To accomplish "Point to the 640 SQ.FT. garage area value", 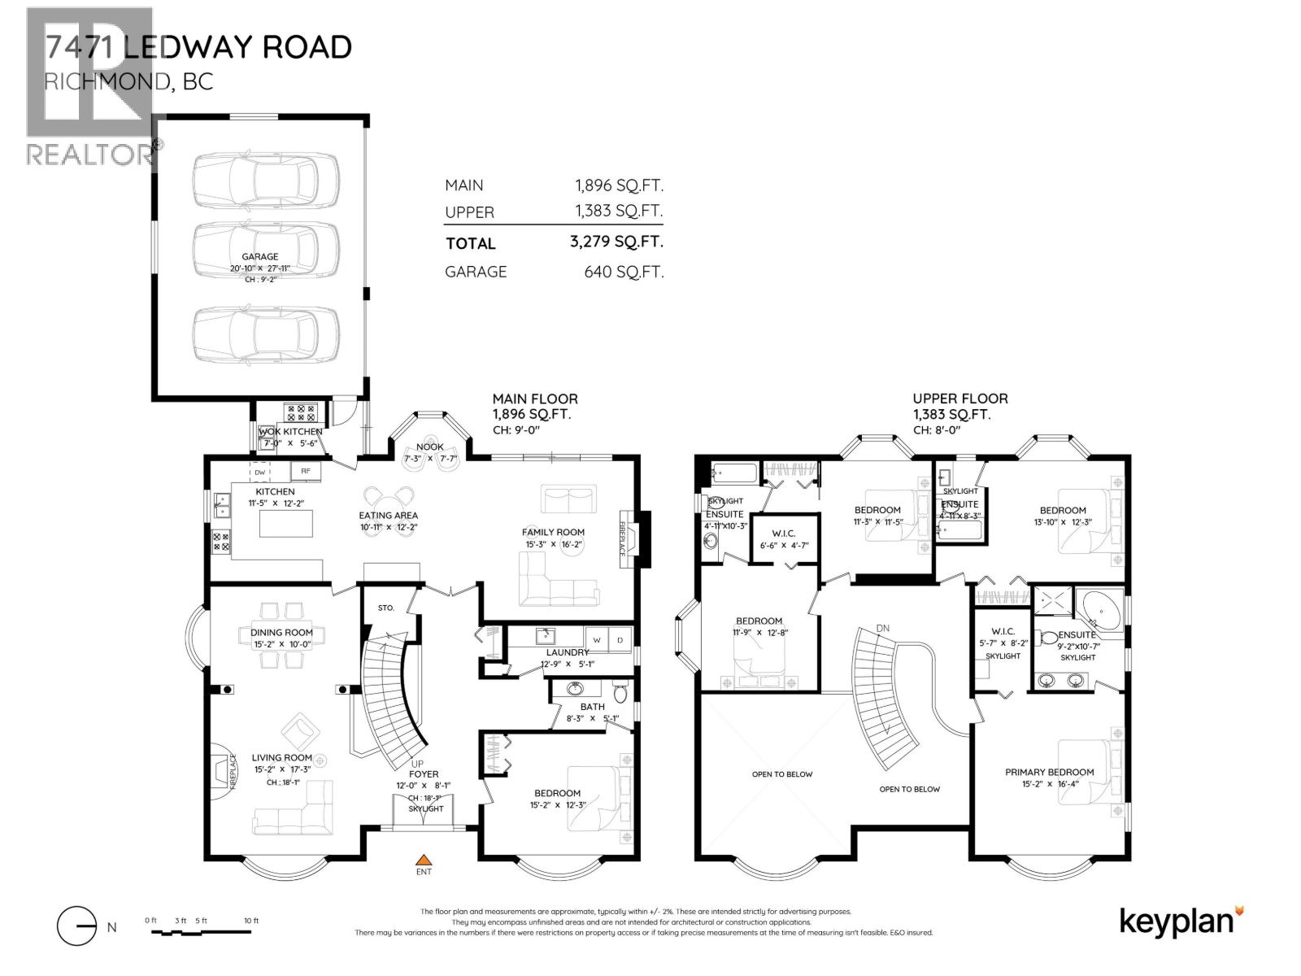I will point(624,272).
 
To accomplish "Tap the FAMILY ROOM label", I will point(553,532).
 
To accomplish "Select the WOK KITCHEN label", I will point(289,431).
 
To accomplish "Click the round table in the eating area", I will point(389,495).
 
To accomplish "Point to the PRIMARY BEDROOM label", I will point(1049,772).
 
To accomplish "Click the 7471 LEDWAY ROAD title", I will point(198,47).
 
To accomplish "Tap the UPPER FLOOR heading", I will point(959,399).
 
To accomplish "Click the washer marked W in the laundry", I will point(596,639).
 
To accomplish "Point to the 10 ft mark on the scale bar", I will point(251,921).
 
